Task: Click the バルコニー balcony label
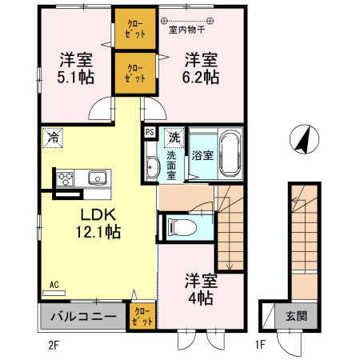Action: (x=82, y=316)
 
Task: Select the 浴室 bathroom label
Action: (x=202, y=155)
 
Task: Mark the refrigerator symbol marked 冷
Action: (x=53, y=137)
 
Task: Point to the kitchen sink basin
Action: (x=97, y=178)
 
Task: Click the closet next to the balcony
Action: (x=141, y=316)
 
